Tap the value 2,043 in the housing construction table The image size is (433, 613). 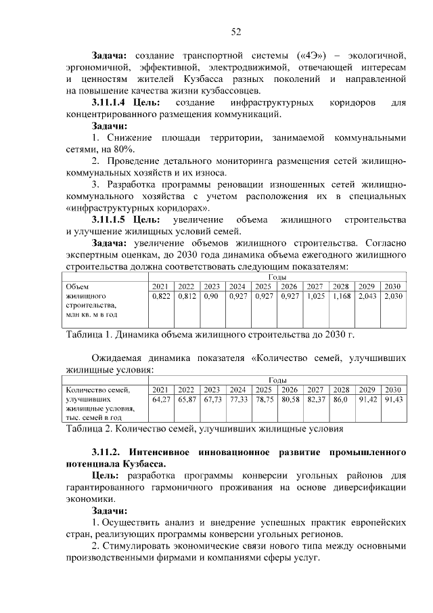pos(367,296)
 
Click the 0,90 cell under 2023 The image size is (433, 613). pos(211,296)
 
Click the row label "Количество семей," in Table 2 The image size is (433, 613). pos(95,390)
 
